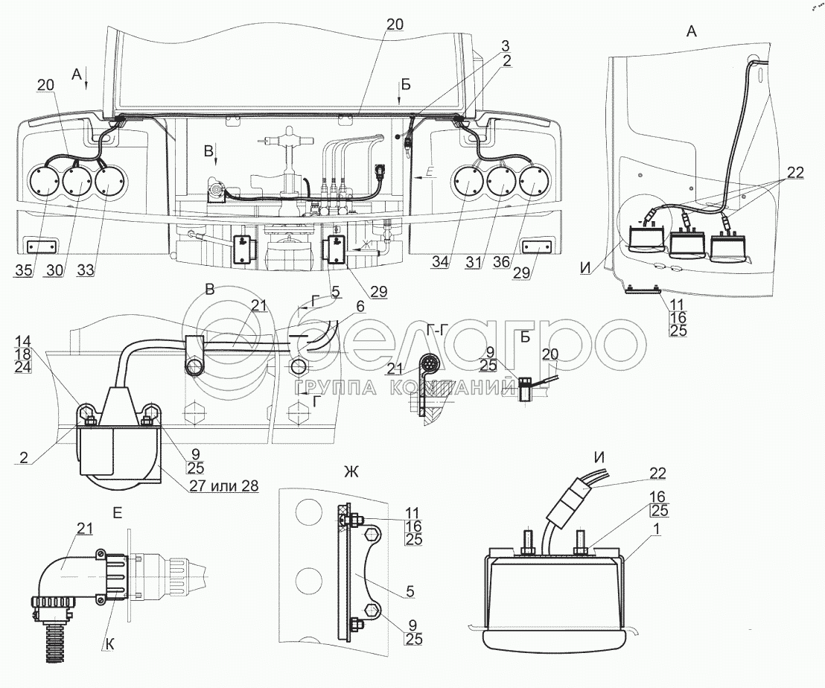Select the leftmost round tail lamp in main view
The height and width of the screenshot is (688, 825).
pos(44,184)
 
